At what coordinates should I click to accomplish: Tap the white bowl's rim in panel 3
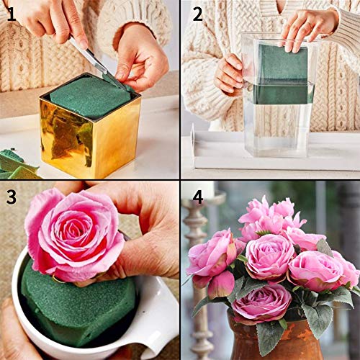[x=162, y=317]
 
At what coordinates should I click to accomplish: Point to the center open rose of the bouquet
[x=270, y=256]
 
